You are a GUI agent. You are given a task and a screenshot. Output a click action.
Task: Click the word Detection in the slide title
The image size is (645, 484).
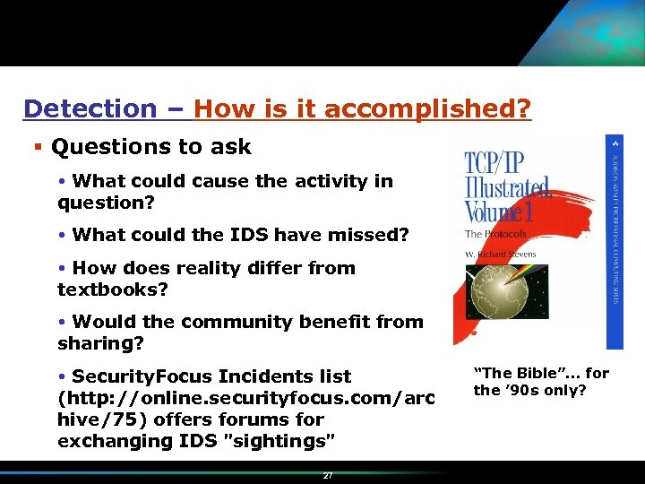90,109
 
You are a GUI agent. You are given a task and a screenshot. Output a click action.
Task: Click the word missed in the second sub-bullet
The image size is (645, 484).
370,236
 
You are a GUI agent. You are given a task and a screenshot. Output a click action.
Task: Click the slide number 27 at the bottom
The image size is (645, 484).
328,476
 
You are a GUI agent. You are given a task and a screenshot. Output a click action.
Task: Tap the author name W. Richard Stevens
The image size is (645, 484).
500,254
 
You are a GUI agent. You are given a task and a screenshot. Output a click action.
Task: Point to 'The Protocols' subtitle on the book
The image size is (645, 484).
495,235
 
